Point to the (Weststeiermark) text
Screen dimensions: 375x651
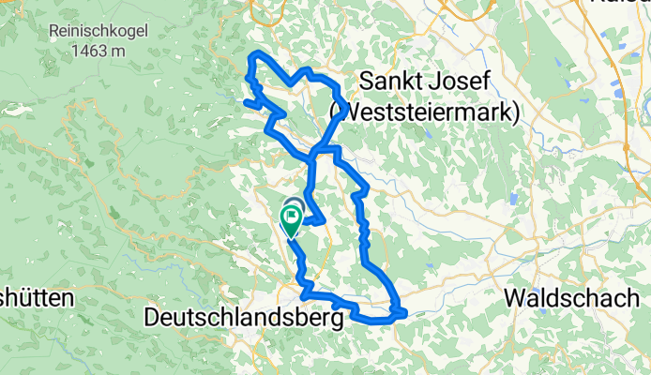click(x=424, y=112)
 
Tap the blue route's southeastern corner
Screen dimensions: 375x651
click(x=403, y=312)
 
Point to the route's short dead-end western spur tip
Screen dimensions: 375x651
click(x=245, y=101)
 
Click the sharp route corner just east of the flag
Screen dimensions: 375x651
click(x=324, y=221)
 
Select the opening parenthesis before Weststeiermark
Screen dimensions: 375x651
click(x=334, y=112)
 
